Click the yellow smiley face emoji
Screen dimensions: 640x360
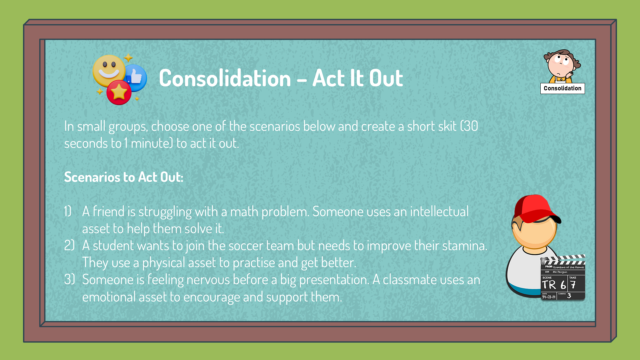click(109, 71)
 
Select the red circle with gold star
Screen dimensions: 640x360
click(119, 92)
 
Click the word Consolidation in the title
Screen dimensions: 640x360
click(225, 79)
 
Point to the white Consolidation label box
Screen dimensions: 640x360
click(562, 88)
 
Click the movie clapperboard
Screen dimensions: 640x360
click(563, 277)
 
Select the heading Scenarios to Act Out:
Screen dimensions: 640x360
click(124, 177)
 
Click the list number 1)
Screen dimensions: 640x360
click(68, 211)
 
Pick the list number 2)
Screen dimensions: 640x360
click(69, 245)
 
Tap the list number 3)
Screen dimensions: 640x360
click(69, 279)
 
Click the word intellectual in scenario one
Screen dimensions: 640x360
click(439, 212)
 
